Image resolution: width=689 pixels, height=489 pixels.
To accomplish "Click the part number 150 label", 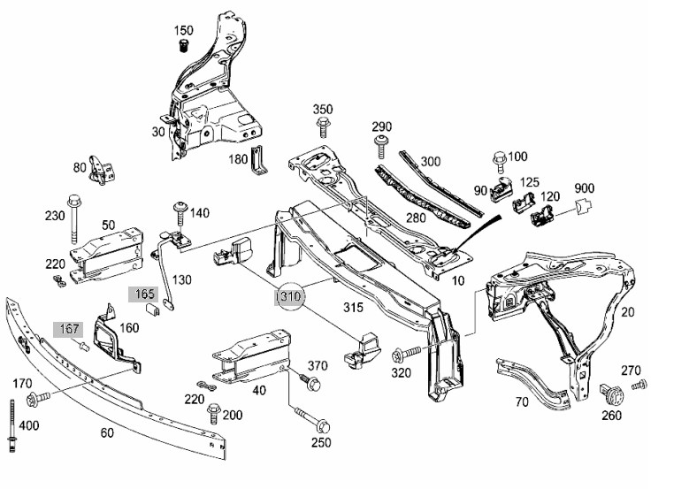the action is [183, 30].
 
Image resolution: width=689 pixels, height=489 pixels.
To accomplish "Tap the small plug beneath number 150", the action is [184, 45].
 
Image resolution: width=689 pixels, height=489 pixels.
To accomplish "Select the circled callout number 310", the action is [290, 296].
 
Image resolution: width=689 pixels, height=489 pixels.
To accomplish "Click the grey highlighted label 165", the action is [143, 294].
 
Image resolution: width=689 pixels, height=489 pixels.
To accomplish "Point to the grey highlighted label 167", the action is [69, 329].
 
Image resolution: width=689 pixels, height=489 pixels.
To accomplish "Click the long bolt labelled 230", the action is [74, 218].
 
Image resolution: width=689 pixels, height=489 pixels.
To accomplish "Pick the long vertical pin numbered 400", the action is [11, 425].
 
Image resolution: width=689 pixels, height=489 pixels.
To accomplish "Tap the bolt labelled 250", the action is [313, 419].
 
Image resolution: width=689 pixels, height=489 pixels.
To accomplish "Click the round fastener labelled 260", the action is [611, 394].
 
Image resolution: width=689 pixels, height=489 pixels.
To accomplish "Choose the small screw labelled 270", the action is [639, 386].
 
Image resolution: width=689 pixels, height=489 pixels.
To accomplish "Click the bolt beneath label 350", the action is [323, 127].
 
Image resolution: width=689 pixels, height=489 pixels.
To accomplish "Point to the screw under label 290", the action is [381, 147].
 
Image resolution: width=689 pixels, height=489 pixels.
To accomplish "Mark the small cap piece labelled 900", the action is [583, 205].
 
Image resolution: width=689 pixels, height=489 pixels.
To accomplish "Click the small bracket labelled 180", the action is [258, 159].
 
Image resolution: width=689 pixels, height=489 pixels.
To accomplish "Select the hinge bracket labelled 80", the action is [102, 170].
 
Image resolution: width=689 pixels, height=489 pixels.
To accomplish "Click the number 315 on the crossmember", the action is [353, 307].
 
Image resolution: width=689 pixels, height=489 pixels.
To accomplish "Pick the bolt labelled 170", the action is [38, 399].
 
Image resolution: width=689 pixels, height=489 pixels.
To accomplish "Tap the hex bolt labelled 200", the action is [213, 414].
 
